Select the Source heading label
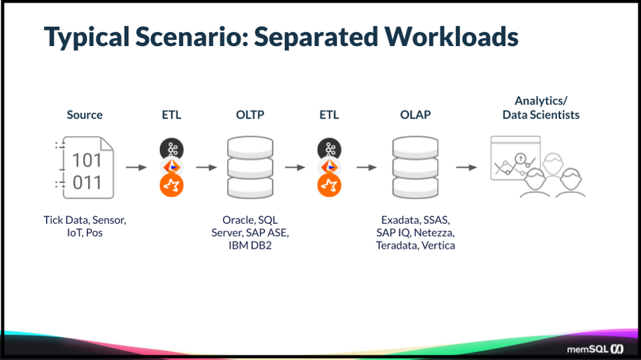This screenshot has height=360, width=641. tap(85, 115)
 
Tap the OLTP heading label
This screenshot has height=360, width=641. tap(250, 115)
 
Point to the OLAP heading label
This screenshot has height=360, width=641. tap(415, 115)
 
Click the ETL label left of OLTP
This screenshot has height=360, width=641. tap(171, 115)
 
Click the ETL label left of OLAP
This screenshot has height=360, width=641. tap(329, 115)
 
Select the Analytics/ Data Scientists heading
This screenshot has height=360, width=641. tap(541, 108)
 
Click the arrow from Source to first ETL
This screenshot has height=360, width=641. tap(136, 167)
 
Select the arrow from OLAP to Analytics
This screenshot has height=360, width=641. tap(466, 167)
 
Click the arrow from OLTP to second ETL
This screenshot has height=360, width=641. tap(294, 167)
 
